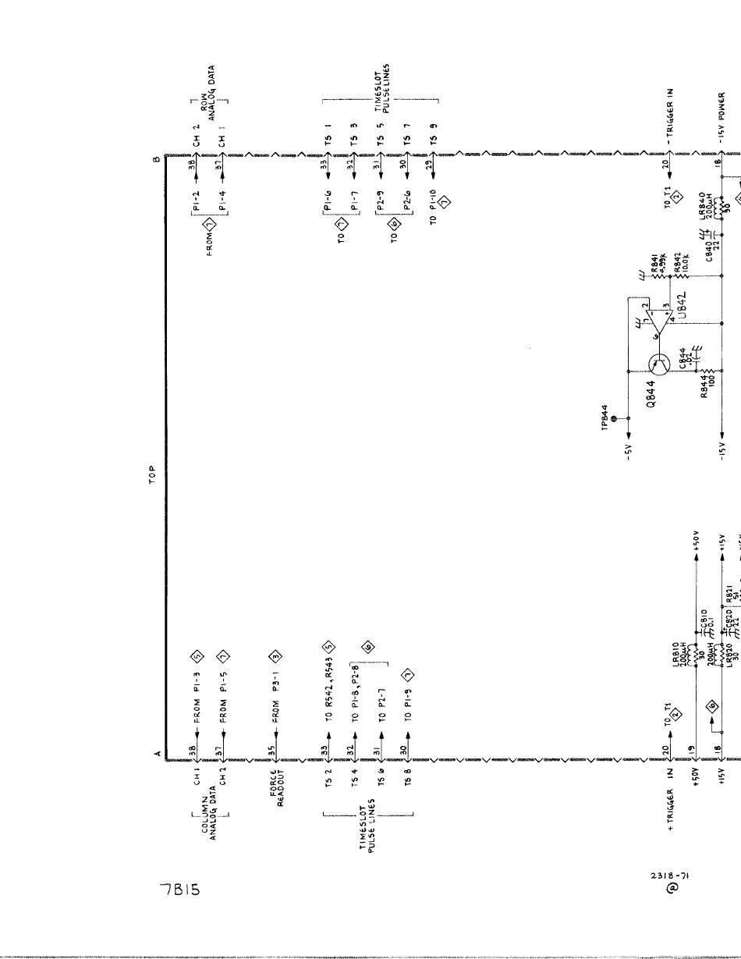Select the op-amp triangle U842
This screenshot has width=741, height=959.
point(660,319)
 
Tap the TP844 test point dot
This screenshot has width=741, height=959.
point(613,419)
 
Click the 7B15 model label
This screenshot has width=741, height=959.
point(180,889)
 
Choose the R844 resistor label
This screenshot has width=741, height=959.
point(707,386)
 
